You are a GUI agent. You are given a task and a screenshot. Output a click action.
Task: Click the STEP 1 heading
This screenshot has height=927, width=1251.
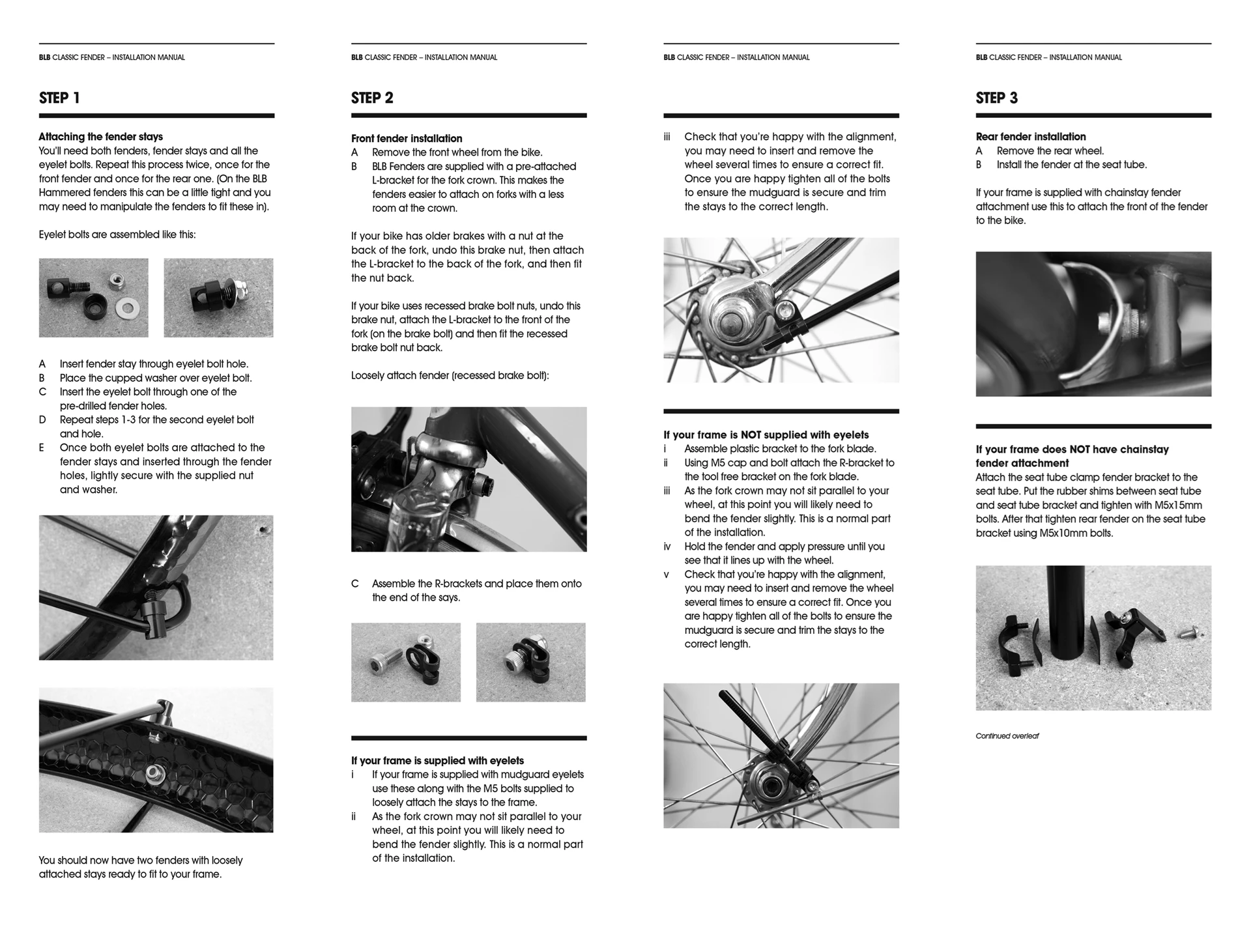pos(59,98)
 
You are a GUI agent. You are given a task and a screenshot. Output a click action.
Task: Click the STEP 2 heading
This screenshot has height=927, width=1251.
pos(372,98)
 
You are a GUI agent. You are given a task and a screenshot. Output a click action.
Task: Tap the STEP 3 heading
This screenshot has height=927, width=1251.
pos(996,98)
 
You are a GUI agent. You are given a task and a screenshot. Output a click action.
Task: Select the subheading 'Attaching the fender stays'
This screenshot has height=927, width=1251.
pos(100,137)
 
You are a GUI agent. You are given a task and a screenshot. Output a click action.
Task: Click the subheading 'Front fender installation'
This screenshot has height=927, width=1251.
pos(407,139)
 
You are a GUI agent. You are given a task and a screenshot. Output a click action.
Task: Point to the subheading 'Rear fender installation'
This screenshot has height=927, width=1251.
pos(1031,137)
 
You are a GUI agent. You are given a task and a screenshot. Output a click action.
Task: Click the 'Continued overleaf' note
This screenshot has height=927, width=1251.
pos(1007,736)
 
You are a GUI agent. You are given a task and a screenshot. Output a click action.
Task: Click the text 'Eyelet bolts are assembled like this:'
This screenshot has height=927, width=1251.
pos(117,235)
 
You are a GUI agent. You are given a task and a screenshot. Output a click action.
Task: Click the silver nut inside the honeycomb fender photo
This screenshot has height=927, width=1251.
pos(154,773)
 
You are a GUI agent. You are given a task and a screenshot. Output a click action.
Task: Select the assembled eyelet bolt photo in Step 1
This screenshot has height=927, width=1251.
pos(218,298)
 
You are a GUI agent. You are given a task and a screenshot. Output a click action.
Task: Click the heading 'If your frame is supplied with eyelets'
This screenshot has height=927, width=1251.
pos(437,761)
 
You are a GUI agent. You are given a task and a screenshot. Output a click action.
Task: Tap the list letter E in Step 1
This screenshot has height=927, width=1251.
pos(42,448)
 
